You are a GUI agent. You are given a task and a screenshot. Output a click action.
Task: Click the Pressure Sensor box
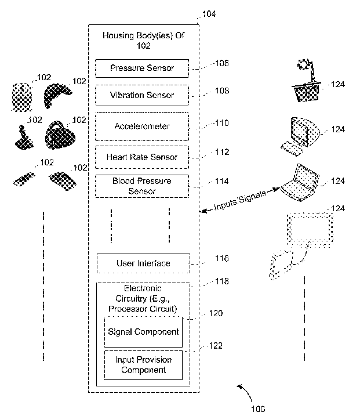142,68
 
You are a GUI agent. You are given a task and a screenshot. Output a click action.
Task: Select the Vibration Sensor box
142,95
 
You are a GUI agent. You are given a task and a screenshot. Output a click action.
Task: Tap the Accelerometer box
142,126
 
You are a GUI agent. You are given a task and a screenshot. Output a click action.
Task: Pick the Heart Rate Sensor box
142,157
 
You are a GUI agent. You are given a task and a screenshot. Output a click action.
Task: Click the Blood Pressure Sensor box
142,186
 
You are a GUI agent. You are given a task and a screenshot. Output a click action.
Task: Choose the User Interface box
143,263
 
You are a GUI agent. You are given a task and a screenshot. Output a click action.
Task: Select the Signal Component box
143,332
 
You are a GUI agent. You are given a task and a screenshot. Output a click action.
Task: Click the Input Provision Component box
143,365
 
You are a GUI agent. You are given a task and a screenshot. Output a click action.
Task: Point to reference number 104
209,14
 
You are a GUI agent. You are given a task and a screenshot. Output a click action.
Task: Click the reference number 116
222,258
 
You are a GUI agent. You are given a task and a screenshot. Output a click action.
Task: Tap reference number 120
216,313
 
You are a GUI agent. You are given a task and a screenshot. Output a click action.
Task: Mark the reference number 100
258,409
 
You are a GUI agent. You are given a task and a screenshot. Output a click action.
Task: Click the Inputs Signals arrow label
240,200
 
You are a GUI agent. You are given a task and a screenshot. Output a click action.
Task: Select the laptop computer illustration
300,183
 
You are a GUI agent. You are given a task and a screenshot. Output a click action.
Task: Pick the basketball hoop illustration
307,81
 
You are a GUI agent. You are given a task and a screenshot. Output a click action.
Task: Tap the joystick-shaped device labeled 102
24,138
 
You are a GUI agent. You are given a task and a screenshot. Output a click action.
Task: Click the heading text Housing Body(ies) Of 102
143,41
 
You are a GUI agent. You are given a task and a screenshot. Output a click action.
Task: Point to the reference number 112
222,152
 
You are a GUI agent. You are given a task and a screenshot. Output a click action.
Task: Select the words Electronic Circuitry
143,294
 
